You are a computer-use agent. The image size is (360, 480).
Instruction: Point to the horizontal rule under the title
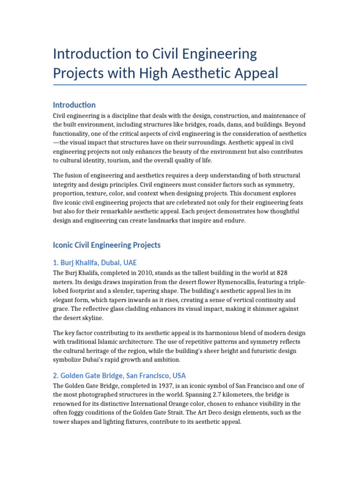point(180,85)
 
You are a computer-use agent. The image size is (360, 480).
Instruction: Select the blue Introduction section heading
point(74,105)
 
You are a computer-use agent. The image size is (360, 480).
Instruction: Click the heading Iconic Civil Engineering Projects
point(106,245)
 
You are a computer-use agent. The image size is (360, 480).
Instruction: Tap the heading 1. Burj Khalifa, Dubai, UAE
point(95,262)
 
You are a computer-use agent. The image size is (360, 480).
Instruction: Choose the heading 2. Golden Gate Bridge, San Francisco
point(119,375)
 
